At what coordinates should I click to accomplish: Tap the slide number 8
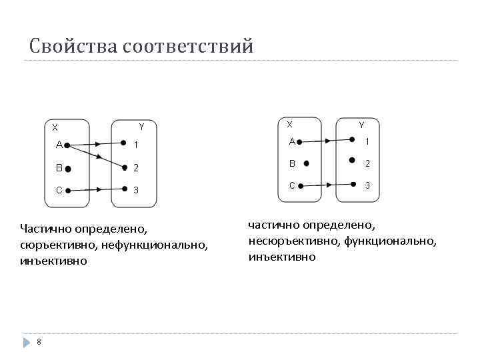tap(39, 342)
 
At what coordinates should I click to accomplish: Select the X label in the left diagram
tap(55, 127)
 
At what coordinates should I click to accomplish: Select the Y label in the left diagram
tap(141, 127)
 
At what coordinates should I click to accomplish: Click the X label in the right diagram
tap(289, 124)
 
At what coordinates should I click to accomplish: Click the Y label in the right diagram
tap(361, 125)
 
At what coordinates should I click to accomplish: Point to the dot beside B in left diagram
tap(69, 169)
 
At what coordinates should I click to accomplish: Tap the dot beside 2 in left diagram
tap(124, 167)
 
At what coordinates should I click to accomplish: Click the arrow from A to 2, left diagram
tap(96, 156)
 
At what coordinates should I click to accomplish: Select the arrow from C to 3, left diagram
tap(96, 189)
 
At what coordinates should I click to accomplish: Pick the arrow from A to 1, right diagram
tap(326, 141)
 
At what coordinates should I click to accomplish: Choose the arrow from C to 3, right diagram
tap(326, 185)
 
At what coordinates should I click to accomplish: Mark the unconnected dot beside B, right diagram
tap(306, 163)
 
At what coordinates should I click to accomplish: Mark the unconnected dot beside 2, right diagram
tap(351, 161)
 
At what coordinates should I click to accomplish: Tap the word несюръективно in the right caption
tap(295, 241)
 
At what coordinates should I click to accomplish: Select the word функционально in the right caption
tap(391, 241)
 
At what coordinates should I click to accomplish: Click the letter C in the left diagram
tap(59, 191)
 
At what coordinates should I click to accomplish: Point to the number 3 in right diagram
tap(366, 185)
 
